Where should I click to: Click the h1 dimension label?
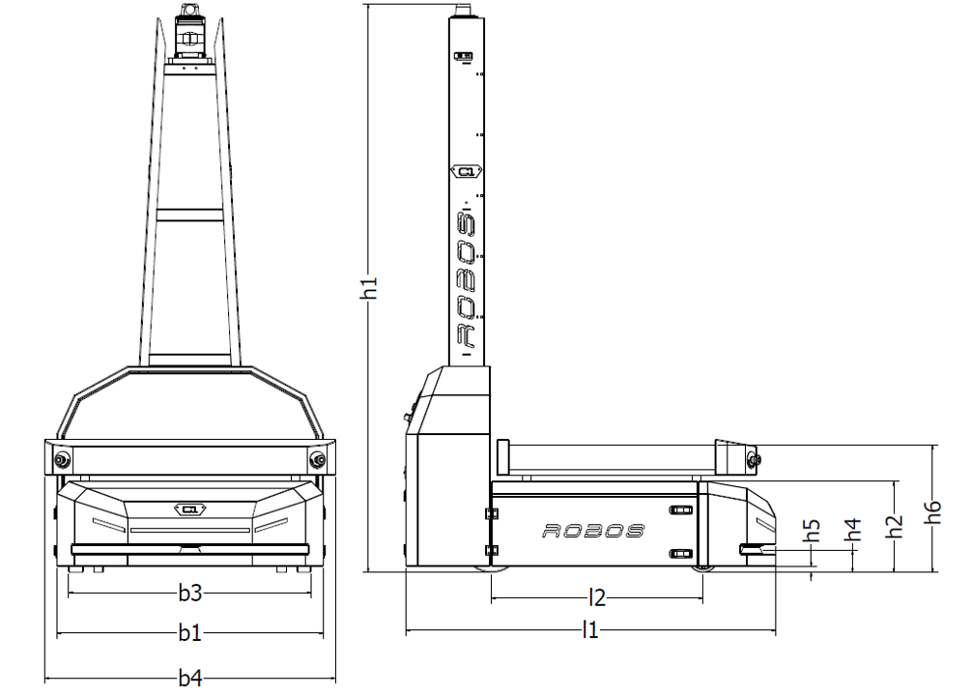click(369, 288)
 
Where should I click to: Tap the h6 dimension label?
click(932, 512)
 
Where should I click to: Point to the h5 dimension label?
click(812, 530)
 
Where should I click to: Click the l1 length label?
click(590, 630)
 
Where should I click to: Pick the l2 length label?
click(597, 598)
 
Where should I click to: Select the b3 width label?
click(190, 594)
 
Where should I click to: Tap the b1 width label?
click(190, 633)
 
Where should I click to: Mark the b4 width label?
click(190, 678)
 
